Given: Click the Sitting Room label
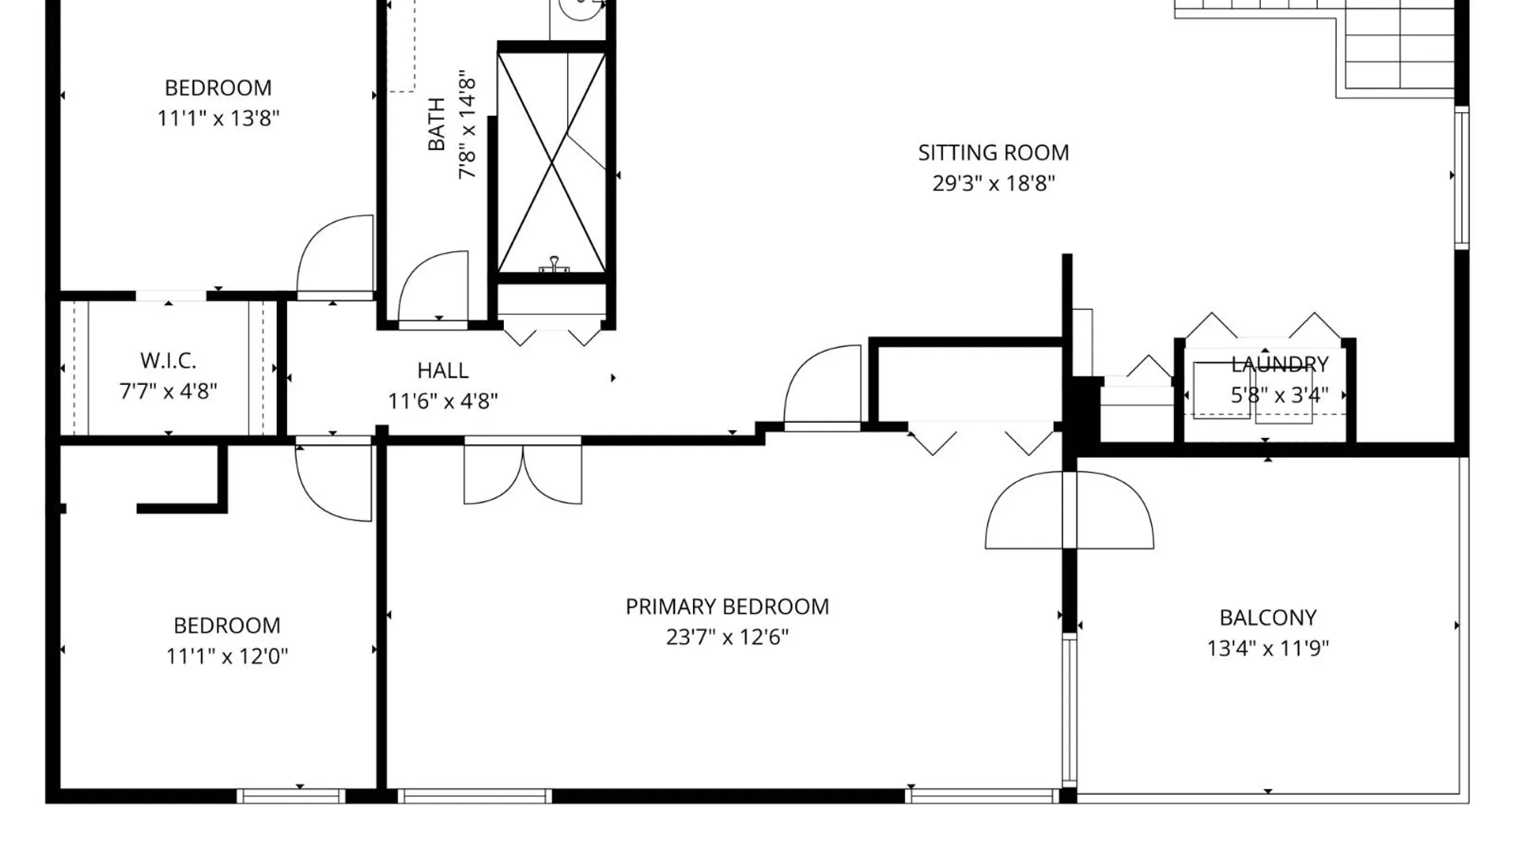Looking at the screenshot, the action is coord(994,152).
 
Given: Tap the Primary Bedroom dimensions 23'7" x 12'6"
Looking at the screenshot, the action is coord(727,637).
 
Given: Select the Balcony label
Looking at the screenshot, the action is coord(1268,618).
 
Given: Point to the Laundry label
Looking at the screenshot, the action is coord(1280,364).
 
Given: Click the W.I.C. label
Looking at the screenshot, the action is coord(168,361).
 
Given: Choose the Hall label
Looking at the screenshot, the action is coord(442,370).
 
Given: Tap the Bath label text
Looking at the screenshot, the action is coord(436,124).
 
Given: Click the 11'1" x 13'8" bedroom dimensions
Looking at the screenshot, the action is coord(218,118).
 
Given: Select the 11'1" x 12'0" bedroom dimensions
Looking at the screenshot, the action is coord(227,656).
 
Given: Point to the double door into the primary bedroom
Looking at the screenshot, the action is coord(523,471).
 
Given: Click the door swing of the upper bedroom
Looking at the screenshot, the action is coord(335,256).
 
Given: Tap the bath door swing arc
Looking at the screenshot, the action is coord(433,288).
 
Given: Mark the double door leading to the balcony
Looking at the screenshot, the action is coord(1069,510).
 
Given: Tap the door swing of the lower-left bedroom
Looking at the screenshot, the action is coord(334,481).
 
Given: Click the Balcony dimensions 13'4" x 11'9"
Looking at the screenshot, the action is coord(1268,648).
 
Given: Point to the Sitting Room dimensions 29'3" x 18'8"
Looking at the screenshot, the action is coord(994,184).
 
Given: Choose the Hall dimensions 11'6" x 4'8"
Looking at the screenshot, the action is coord(442,402).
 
